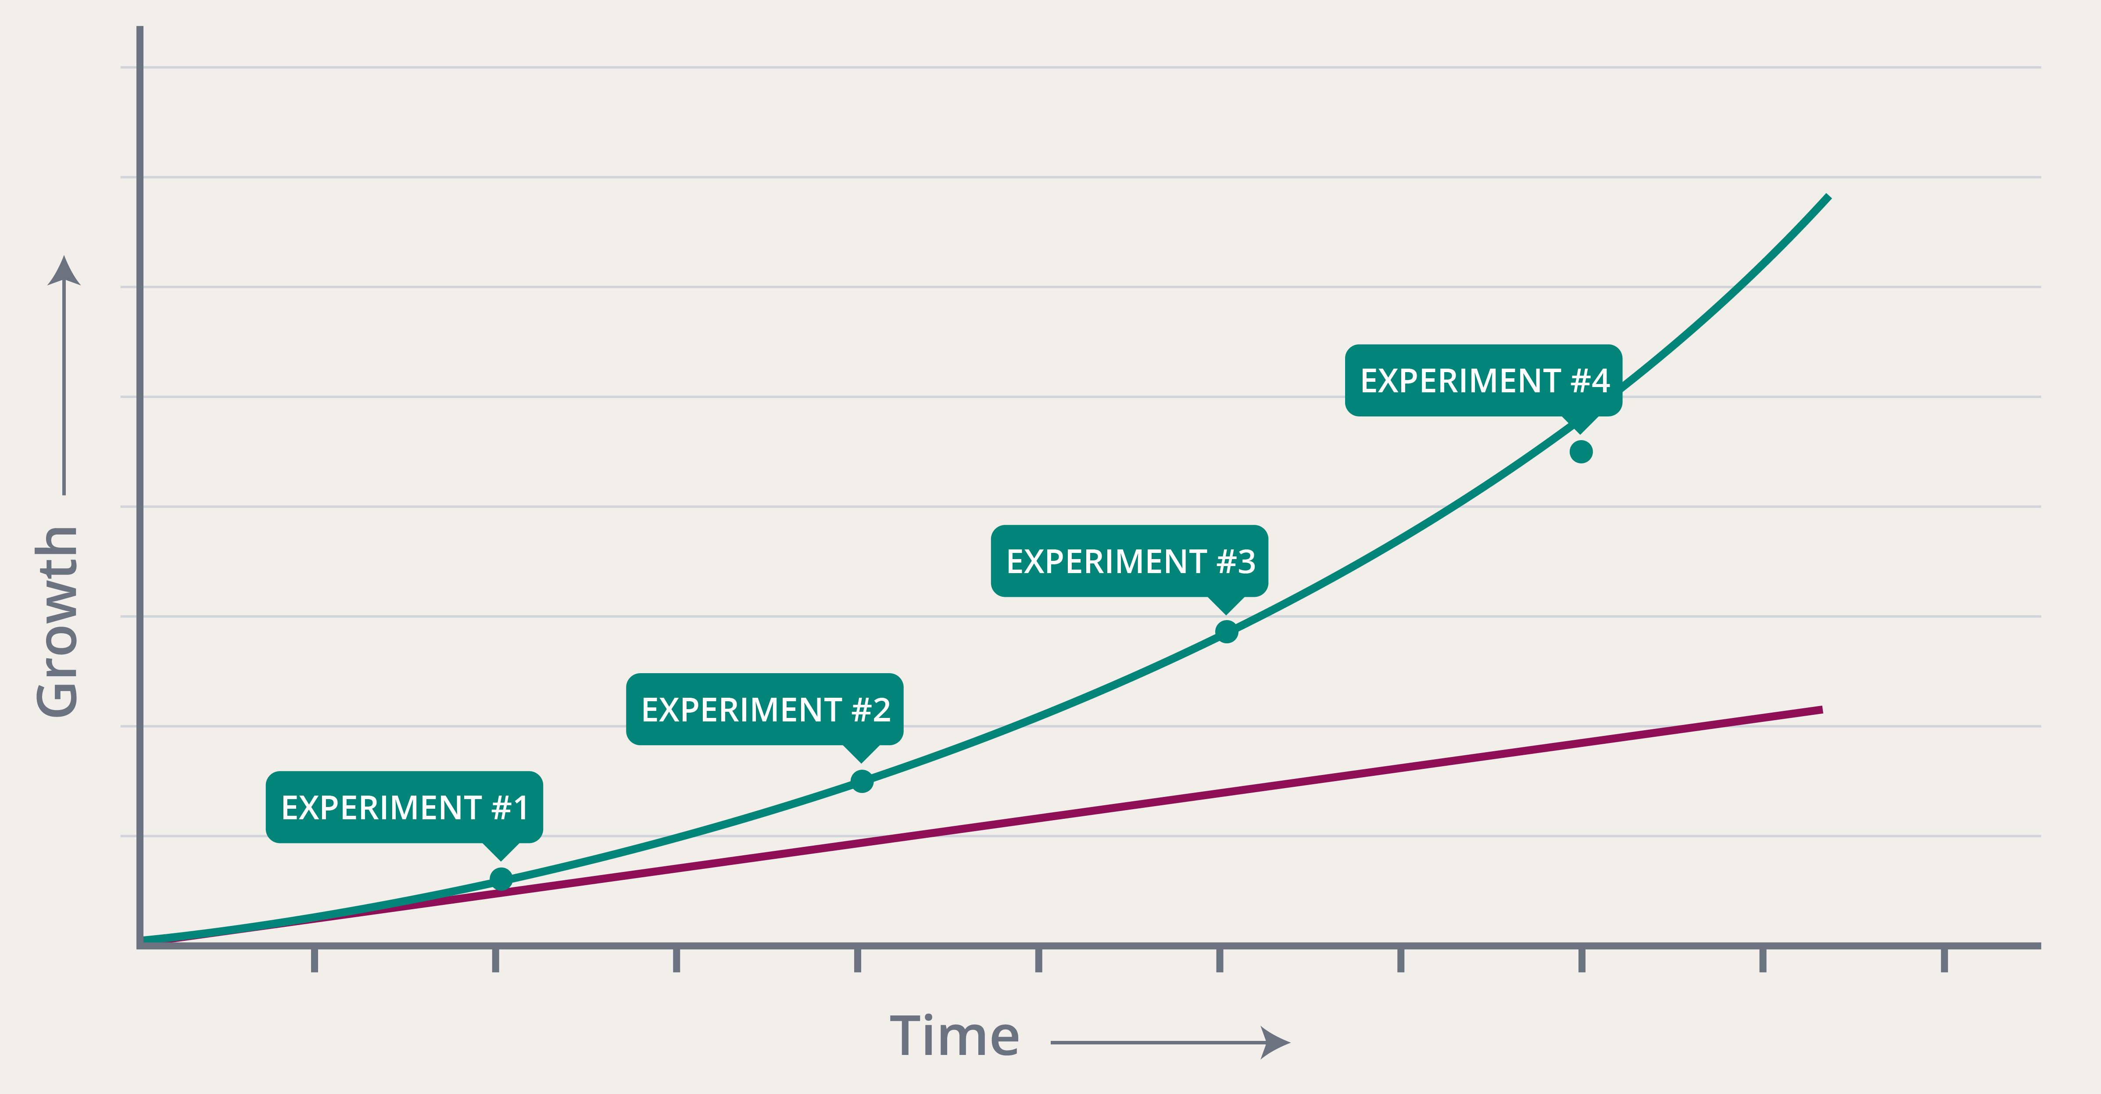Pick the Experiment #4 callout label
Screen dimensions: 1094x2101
click(1484, 380)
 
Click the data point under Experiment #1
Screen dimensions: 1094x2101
click(501, 879)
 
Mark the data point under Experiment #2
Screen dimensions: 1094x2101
click(861, 781)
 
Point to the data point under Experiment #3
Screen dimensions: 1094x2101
click(1226, 631)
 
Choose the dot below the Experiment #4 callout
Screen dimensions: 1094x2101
click(1581, 451)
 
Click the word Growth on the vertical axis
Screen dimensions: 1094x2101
click(57, 622)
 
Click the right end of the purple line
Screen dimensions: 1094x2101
click(1820, 710)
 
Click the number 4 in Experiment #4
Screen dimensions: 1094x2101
click(1600, 380)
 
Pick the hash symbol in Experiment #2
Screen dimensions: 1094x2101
click(861, 710)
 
